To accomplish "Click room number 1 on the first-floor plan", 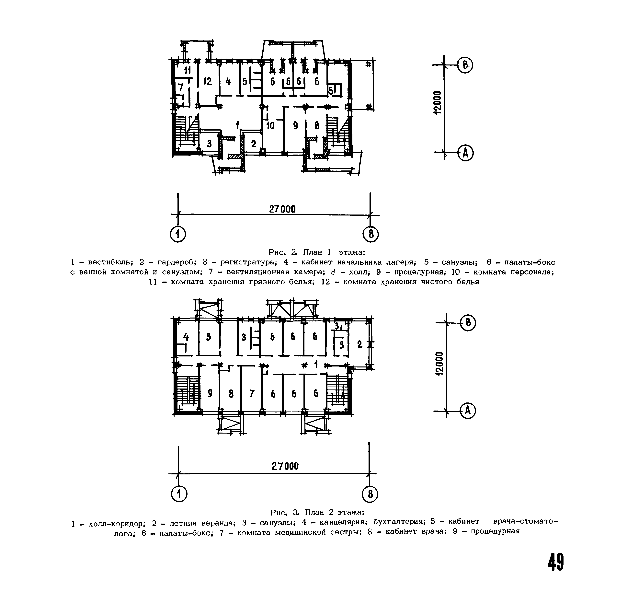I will point(237,125).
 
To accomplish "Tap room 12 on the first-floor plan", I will point(207,81).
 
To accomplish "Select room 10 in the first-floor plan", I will point(270,126).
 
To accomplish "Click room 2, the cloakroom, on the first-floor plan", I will point(254,144).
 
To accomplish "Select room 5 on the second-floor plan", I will point(209,337).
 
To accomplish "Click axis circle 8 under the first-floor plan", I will point(371,235).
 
